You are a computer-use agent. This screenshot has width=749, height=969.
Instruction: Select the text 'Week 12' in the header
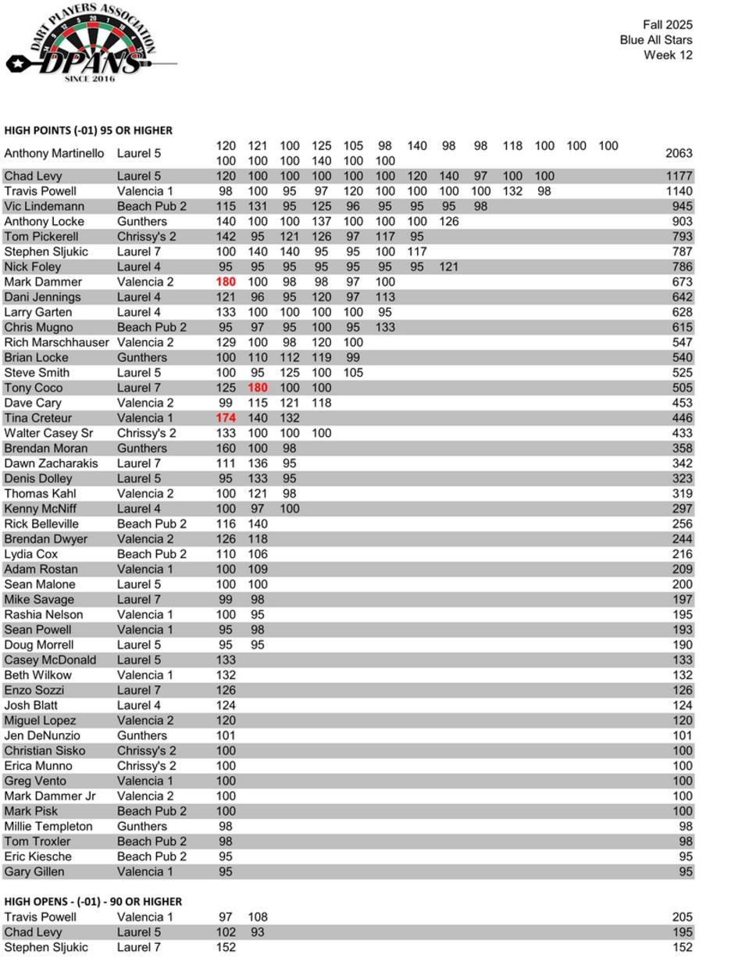click(x=668, y=55)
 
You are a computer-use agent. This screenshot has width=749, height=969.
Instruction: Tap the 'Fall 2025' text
click(x=667, y=25)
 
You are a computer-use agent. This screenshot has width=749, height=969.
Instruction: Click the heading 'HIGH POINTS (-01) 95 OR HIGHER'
click(x=88, y=131)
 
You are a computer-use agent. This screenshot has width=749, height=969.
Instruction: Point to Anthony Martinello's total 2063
click(x=679, y=153)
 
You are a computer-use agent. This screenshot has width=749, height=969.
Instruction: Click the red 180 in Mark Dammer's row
click(x=226, y=282)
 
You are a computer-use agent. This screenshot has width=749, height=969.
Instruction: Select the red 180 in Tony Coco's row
click(x=258, y=388)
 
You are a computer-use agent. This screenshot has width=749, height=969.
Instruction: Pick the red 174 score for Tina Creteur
click(x=226, y=418)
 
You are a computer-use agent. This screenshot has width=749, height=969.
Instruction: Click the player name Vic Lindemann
click(x=44, y=206)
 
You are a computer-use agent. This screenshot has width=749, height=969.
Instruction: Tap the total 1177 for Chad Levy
click(x=679, y=176)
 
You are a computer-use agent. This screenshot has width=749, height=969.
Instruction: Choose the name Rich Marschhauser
click(x=56, y=342)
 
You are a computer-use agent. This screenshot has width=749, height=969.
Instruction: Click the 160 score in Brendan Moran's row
click(x=226, y=449)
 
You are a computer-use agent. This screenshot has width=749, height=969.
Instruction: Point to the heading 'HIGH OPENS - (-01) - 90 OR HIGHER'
click(x=93, y=901)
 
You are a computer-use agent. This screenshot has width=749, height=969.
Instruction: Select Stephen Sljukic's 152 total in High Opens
click(x=682, y=947)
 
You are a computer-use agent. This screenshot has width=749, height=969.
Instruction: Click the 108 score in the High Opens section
click(x=258, y=917)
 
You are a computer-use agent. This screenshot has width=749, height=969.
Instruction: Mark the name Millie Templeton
click(x=48, y=826)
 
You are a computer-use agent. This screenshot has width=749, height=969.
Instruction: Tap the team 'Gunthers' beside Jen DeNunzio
click(x=142, y=735)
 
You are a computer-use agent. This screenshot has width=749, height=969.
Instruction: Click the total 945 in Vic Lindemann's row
click(x=682, y=206)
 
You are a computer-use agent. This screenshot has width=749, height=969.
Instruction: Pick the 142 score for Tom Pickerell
click(x=226, y=237)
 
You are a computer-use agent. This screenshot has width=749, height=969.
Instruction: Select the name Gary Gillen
click(x=34, y=871)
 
